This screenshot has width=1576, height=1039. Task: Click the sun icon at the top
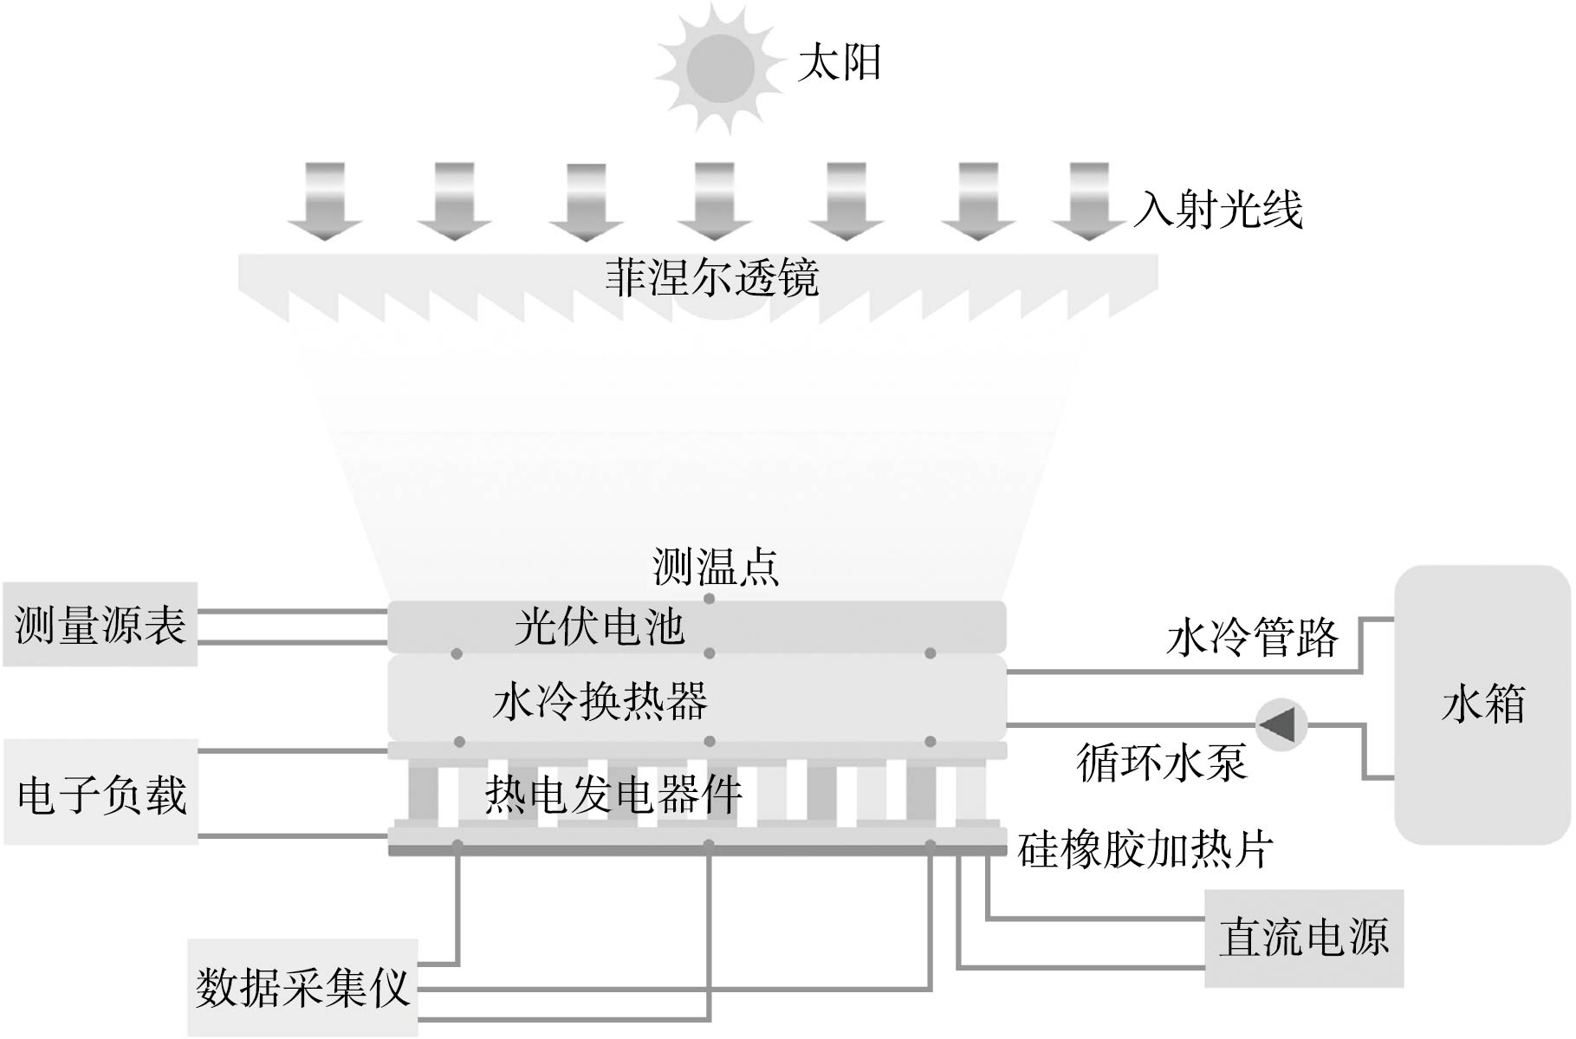point(720,68)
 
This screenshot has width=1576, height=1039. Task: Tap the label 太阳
point(839,63)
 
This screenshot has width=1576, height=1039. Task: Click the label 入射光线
point(1218,210)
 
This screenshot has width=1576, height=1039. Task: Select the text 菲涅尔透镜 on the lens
point(711,278)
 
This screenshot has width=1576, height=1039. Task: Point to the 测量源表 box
point(101,625)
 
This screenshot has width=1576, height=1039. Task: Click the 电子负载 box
point(101,793)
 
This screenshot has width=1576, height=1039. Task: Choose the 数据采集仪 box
point(302,987)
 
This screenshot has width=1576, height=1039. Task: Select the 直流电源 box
point(1304,938)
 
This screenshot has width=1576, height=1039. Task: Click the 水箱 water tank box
point(1482,704)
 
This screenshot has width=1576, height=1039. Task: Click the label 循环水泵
point(1161,763)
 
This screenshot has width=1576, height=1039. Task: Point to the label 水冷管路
point(1252,639)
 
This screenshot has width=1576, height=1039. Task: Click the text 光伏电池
point(599,627)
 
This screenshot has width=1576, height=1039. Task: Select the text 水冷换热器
point(600,701)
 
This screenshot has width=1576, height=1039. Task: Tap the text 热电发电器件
point(613,794)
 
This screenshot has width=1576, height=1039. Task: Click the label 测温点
point(716,567)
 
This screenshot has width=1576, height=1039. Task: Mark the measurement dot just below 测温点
point(710,599)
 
